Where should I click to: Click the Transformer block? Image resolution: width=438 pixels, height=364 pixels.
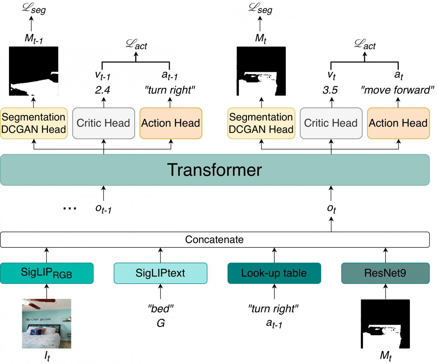pyautogui.click(x=215, y=170)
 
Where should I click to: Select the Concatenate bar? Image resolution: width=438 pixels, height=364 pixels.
pyautogui.click(x=215, y=240)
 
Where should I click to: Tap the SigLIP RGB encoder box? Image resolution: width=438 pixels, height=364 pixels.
pyautogui.click(x=47, y=273)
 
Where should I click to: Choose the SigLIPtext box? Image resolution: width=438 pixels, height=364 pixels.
pyautogui.click(x=161, y=273)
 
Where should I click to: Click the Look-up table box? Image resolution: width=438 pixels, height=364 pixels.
pyautogui.click(x=274, y=273)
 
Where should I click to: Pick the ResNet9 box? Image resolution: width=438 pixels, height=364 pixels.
pyautogui.click(x=385, y=273)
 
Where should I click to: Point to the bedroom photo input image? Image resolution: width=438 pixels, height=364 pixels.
pyautogui.click(x=47, y=324)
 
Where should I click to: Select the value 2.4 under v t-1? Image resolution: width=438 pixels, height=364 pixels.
pyautogui.click(x=102, y=90)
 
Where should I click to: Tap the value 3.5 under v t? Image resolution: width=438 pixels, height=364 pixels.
pyautogui.click(x=330, y=90)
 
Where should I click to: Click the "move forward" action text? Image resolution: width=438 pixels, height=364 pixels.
pyautogui.click(x=397, y=90)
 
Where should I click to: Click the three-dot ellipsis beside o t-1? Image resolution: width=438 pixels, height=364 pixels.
pyautogui.click(x=70, y=208)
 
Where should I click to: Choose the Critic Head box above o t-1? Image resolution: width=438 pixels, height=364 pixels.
pyautogui.click(x=104, y=123)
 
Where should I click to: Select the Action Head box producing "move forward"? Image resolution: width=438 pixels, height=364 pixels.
pyautogui.click(x=398, y=123)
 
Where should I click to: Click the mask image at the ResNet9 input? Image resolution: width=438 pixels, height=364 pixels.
pyautogui.click(x=385, y=324)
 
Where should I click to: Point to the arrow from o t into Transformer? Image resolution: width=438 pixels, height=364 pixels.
pyautogui.click(x=331, y=193)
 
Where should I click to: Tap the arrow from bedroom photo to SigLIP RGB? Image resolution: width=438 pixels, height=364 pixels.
pyautogui.click(x=47, y=291)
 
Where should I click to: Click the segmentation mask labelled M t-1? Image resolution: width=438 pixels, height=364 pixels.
pyautogui.click(x=34, y=71)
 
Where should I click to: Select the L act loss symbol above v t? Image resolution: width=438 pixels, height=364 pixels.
pyautogui.click(x=365, y=45)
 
